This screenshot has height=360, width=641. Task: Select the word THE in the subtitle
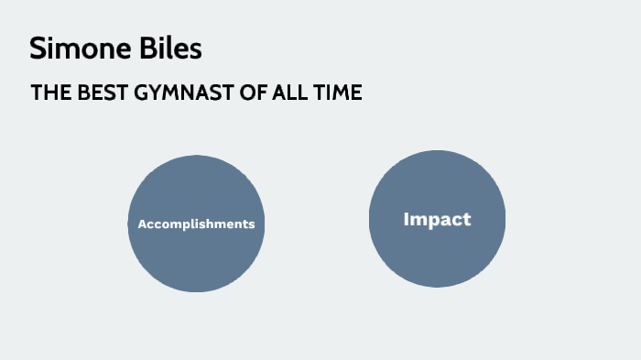(48, 93)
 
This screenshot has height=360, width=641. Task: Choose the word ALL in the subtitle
(279, 93)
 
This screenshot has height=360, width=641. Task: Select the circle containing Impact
(437, 256)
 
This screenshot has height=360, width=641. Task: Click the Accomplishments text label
(196, 224)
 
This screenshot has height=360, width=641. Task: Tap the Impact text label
(437, 219)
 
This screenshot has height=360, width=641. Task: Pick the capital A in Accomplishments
(142, 224)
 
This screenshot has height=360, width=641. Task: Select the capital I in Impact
(407, 219)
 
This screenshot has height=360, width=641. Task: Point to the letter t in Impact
(467, 219)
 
